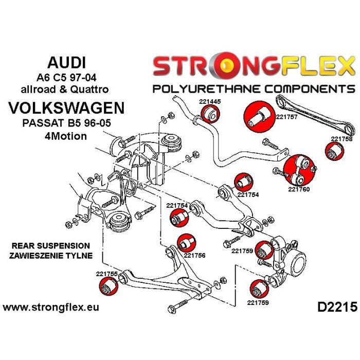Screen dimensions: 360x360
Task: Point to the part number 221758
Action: [x=341, y=138]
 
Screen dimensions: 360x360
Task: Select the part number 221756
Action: [x=194, y=255]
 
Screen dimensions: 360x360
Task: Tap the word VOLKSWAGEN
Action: [x=67, y=109]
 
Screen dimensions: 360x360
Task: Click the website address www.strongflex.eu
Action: [x=51, y=308]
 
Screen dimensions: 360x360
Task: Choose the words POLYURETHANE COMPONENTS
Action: [x=254, y=88]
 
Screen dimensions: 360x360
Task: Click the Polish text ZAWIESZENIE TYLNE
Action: [x=50, y=255]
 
